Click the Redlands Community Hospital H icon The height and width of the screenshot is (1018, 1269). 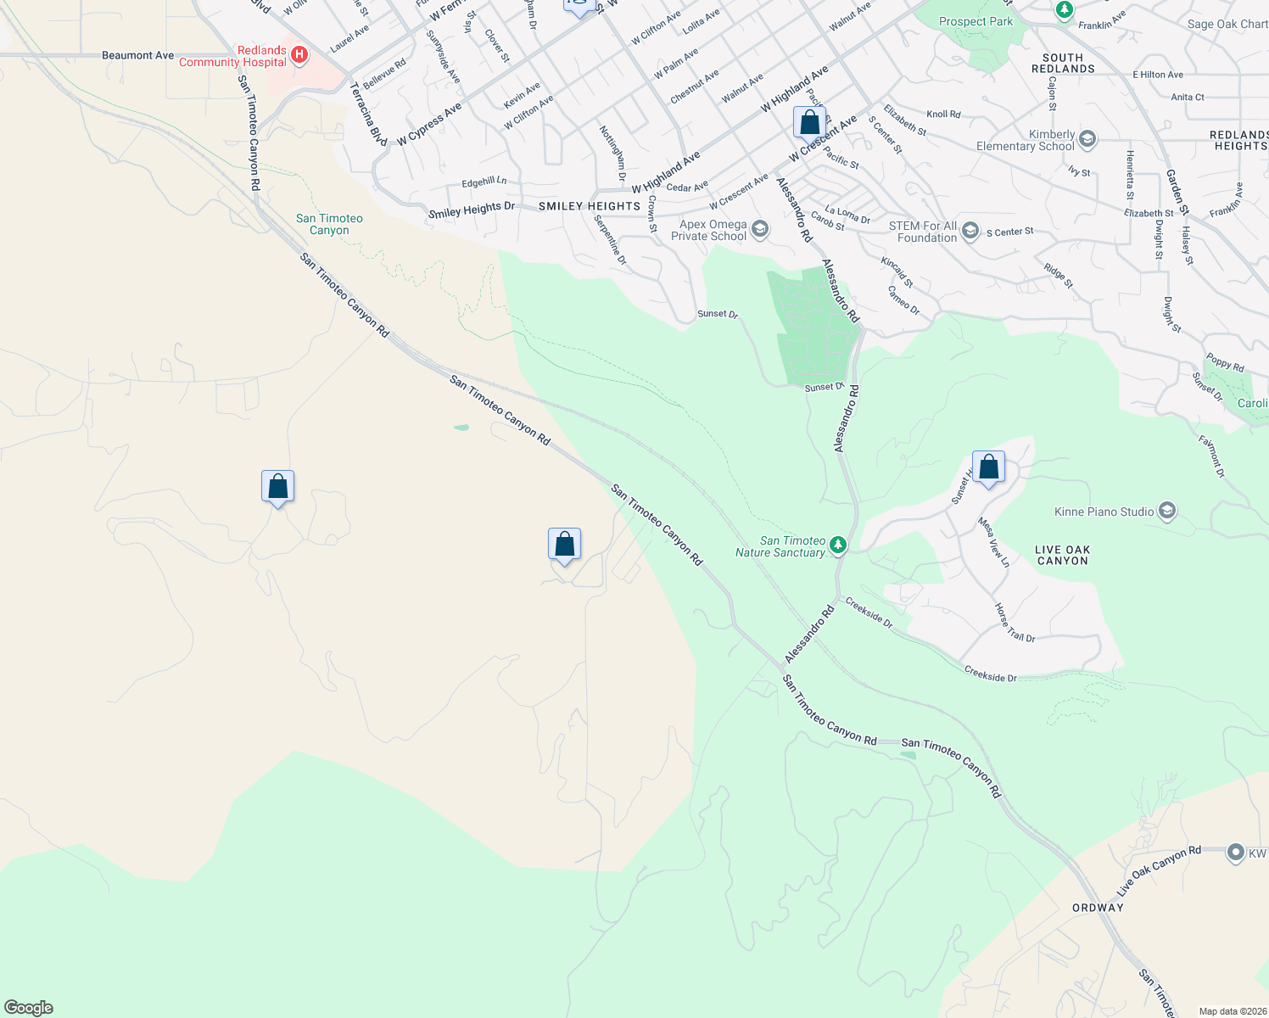click(x=299, y=56)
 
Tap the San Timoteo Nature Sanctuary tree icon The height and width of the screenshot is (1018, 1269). click(x=838, y=545)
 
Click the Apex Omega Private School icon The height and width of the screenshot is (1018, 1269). click(x=760, y=229)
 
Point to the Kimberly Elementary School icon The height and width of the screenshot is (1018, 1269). click(x=1087, y=139)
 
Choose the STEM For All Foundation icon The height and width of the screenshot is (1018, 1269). click(x=970, y=231)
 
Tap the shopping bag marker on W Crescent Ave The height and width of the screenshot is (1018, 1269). click(x=809, y=123)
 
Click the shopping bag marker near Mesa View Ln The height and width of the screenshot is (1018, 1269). click(x=988, y=467)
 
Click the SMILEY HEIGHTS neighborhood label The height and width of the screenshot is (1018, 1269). click(x=590, y=206)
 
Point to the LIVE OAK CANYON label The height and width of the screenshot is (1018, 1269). click(x=1062, y=556)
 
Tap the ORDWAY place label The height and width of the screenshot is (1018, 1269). click(x=1098, y=908)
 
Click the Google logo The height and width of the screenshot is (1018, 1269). click(x=29, y=1008)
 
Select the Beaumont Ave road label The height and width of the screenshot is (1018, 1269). click(x=137, y=55)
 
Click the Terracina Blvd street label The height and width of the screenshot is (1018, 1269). click(x=368, y=115)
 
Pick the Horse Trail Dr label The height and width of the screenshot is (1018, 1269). click(x=1015, y=623)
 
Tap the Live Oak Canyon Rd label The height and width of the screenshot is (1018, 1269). click(x=1159, y=870)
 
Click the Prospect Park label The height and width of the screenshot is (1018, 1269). click(x=976, y=21)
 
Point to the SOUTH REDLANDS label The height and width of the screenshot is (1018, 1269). click(x=1063, y=64)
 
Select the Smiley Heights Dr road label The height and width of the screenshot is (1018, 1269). click(x=472, y=210)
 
